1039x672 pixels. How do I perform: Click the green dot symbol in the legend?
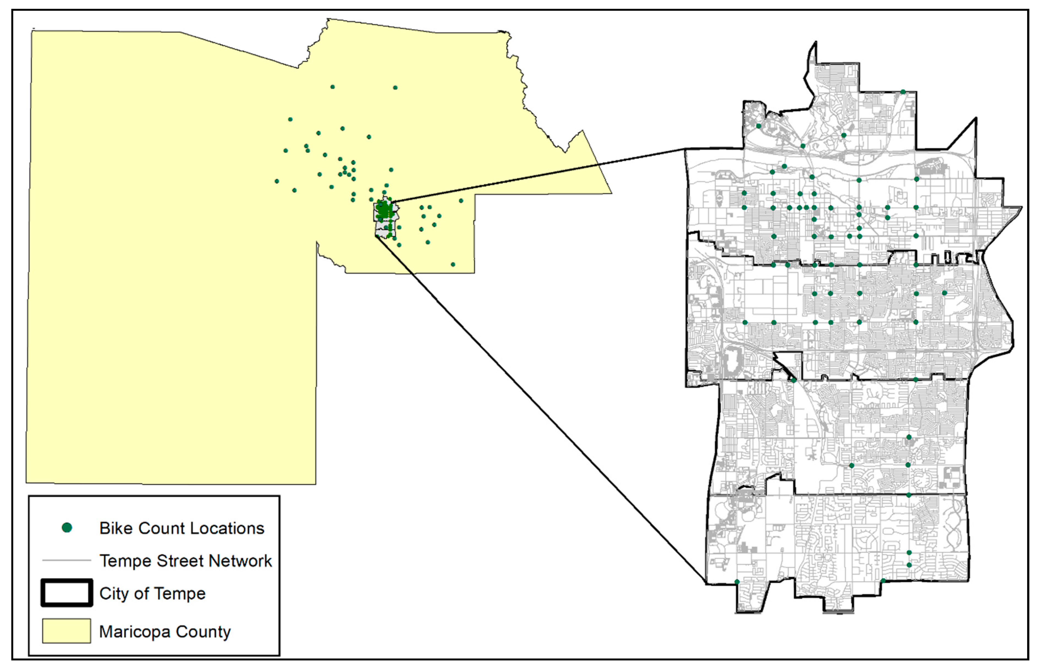point(67,528)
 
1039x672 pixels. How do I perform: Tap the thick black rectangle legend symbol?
point(67,593)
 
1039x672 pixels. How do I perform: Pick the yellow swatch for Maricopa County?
point(66,631)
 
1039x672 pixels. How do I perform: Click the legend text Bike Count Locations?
point(182,528)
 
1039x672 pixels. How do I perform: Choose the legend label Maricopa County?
point(165,631)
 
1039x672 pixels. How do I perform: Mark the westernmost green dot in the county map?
point(277,181)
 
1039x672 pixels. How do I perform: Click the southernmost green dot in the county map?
point(453,265)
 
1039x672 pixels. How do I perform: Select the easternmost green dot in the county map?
point(461,201)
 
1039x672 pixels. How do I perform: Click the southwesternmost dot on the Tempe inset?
point(737,582)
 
